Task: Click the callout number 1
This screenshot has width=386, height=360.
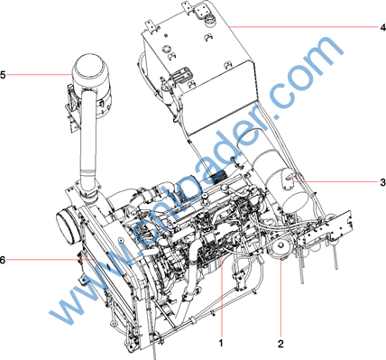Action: pos(221,343)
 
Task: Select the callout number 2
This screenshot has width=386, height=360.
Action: pos(280,344)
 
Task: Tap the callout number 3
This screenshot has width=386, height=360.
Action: pos(382,182)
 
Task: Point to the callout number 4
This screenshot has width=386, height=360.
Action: pos(382,27)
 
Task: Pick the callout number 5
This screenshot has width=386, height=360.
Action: pos(3,75)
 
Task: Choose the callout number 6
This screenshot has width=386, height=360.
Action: pos(3,260)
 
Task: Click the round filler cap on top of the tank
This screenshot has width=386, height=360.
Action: pos(209,21)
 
